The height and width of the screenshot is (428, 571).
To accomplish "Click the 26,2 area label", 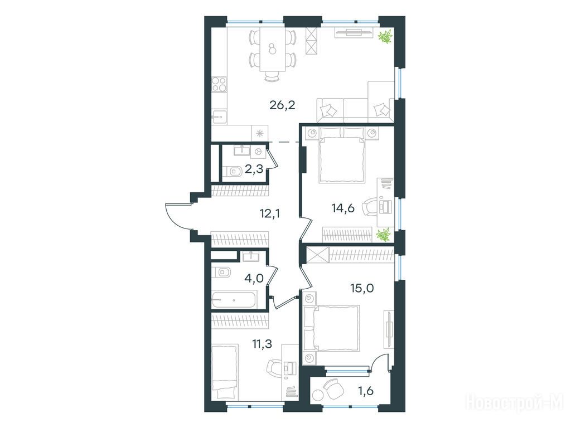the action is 282,105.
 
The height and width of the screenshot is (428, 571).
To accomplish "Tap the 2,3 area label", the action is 254,169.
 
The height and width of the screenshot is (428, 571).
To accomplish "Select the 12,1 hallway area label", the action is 270,213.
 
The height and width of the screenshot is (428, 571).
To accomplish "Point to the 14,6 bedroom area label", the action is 343,208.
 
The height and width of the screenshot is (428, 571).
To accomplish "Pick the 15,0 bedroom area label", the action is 362,288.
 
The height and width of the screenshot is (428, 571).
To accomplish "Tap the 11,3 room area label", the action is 262,343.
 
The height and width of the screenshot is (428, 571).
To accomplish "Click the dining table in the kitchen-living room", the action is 272,50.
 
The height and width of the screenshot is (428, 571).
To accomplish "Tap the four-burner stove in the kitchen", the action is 219,84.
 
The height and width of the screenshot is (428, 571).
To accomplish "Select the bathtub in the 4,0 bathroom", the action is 234,300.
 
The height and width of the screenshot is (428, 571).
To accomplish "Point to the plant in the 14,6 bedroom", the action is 384,235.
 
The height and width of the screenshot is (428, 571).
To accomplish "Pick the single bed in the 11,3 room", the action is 224,371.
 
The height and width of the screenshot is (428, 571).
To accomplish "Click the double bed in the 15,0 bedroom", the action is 331,328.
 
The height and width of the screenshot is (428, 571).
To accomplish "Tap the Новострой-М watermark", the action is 515,403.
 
